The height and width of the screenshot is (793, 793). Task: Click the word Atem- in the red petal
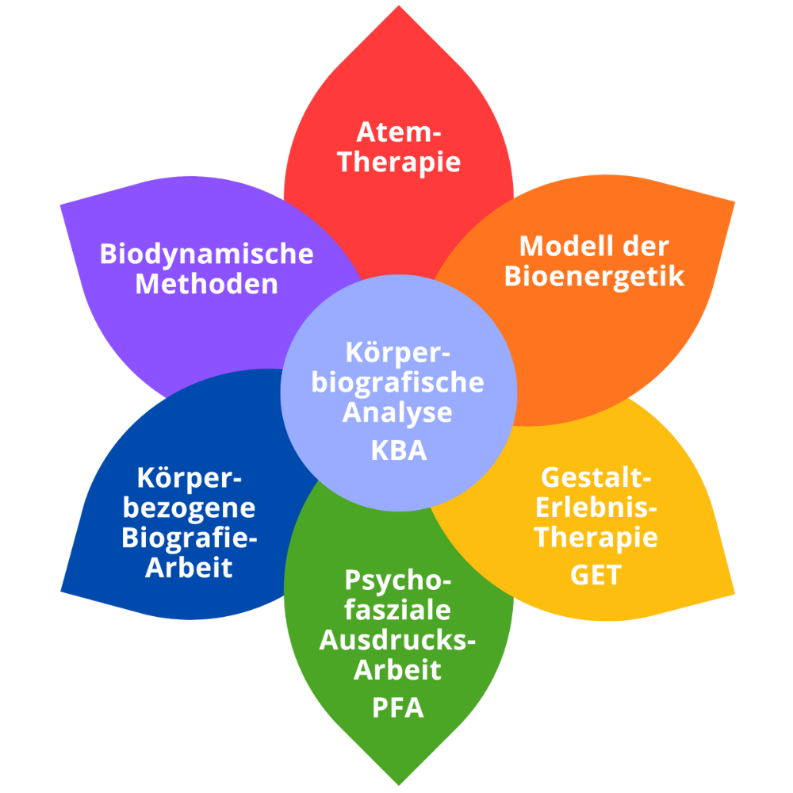tap(398, 131)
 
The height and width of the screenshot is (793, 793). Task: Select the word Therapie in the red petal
tap(398, 161)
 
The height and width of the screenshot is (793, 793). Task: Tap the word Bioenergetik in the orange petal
tap(595, 277)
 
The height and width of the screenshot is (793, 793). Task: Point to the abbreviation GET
tap(596, 575)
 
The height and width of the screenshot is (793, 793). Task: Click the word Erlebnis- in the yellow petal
tap(596, 508)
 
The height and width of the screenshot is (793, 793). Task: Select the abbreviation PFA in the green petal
tap(398, 707)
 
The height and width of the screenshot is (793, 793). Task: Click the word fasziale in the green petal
tap(398, 611)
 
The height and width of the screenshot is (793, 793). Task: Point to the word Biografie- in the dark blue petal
tap(190, 538)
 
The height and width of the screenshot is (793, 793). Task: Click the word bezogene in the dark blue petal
tap(190, 508)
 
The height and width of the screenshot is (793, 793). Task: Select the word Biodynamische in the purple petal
tap(208, 254)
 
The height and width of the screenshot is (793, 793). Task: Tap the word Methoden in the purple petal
tap(208, 284)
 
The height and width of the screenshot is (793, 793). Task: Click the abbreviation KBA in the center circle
tap(398, 450)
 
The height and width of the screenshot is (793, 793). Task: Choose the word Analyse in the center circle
tap(398, 412)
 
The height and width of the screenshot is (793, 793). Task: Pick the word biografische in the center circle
tap(398, 381)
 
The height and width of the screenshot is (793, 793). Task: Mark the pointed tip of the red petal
tap(398, 6)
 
